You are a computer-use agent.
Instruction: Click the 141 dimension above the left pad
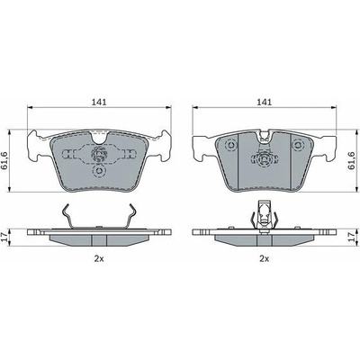(99, 102)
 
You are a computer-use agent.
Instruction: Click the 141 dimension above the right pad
(264, 102)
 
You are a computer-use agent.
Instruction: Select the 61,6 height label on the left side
(4, 161)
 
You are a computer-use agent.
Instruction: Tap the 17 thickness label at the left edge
(4, 238)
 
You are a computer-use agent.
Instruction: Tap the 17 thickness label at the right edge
(355, 238)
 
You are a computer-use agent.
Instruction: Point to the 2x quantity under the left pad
(99, 258)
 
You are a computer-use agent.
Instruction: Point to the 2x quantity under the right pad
(264, 258)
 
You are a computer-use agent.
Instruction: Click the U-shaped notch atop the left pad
(99, 138)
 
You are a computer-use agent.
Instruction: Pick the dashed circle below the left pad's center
(99, 171)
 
